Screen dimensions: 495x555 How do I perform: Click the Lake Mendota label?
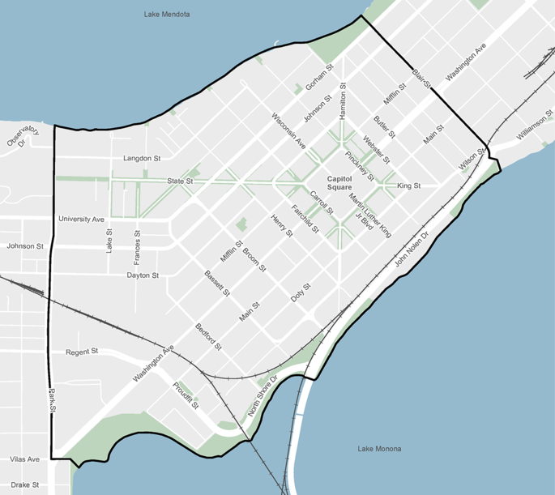tap(167, 14)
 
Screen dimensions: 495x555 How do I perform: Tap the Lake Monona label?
tap(379, 448)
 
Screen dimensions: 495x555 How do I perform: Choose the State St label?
tap(179, 181)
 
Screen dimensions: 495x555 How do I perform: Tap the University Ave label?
tap(81, 219)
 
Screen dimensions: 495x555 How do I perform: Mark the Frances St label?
tap(137, 247)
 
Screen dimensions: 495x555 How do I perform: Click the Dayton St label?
tap(143, 275)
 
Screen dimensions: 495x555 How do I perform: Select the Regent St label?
tap(82, 352)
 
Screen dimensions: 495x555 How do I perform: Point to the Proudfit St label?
tap(186, 395)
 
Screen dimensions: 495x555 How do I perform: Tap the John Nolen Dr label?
tap(411, 251)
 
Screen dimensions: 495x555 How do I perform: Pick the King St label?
tap(408, 186)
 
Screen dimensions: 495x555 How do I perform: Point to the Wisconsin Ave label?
tap(288, 130)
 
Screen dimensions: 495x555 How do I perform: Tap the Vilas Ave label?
tap(24, 459)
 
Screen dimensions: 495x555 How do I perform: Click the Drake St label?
tap(24, 484)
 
